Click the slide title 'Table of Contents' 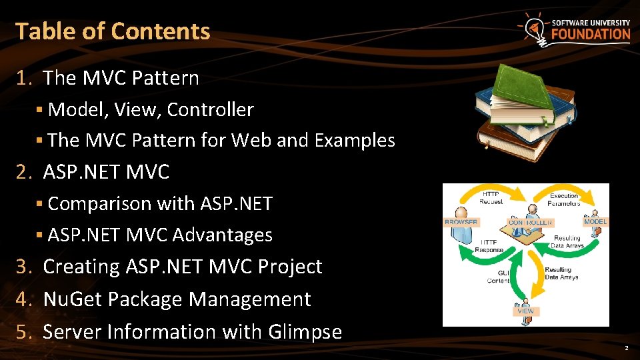point(113,31)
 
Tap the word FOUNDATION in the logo point(591,34)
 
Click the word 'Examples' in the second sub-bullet point(355,141)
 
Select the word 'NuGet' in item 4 point(72,299)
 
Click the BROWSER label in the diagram point(461,222)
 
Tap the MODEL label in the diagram point(595,221)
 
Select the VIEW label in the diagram point(525,311)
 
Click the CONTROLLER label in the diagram point(531,223)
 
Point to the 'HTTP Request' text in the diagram point(492,197)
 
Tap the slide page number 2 point(626,349)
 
